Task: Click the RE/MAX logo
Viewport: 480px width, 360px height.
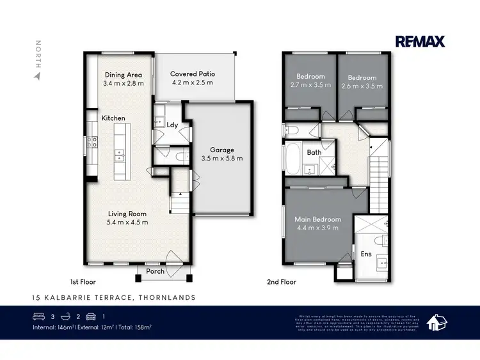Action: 420,42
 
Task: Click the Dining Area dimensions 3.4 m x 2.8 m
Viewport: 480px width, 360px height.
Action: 124,83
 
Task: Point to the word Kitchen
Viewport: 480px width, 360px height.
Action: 113,118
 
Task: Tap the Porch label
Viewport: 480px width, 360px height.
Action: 156,271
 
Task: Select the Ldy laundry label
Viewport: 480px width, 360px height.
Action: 172,125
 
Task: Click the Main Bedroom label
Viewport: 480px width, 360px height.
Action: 317,219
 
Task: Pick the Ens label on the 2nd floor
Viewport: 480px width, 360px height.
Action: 367,254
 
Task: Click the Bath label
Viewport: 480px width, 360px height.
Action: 314,152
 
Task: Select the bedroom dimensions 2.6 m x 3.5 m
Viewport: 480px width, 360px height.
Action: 362,85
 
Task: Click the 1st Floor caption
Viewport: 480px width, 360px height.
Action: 83,281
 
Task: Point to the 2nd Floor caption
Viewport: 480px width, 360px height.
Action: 281,281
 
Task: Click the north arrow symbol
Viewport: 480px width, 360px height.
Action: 38,76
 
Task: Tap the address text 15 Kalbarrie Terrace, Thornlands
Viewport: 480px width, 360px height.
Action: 114,297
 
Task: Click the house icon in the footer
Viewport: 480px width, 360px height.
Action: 437,322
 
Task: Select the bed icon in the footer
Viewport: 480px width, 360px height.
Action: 39,317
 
